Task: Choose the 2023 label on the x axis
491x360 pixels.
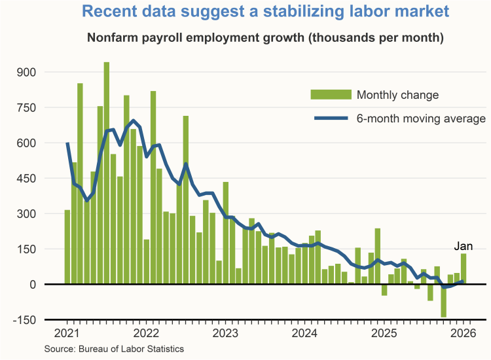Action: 227,332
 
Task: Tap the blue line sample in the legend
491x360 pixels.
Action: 331,118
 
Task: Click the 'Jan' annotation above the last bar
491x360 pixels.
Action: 464,247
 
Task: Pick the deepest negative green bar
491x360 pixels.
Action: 443,300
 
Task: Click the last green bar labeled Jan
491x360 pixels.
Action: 464,269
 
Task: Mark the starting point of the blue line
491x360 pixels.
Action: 67,143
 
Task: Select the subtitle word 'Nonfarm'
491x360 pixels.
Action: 111,37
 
